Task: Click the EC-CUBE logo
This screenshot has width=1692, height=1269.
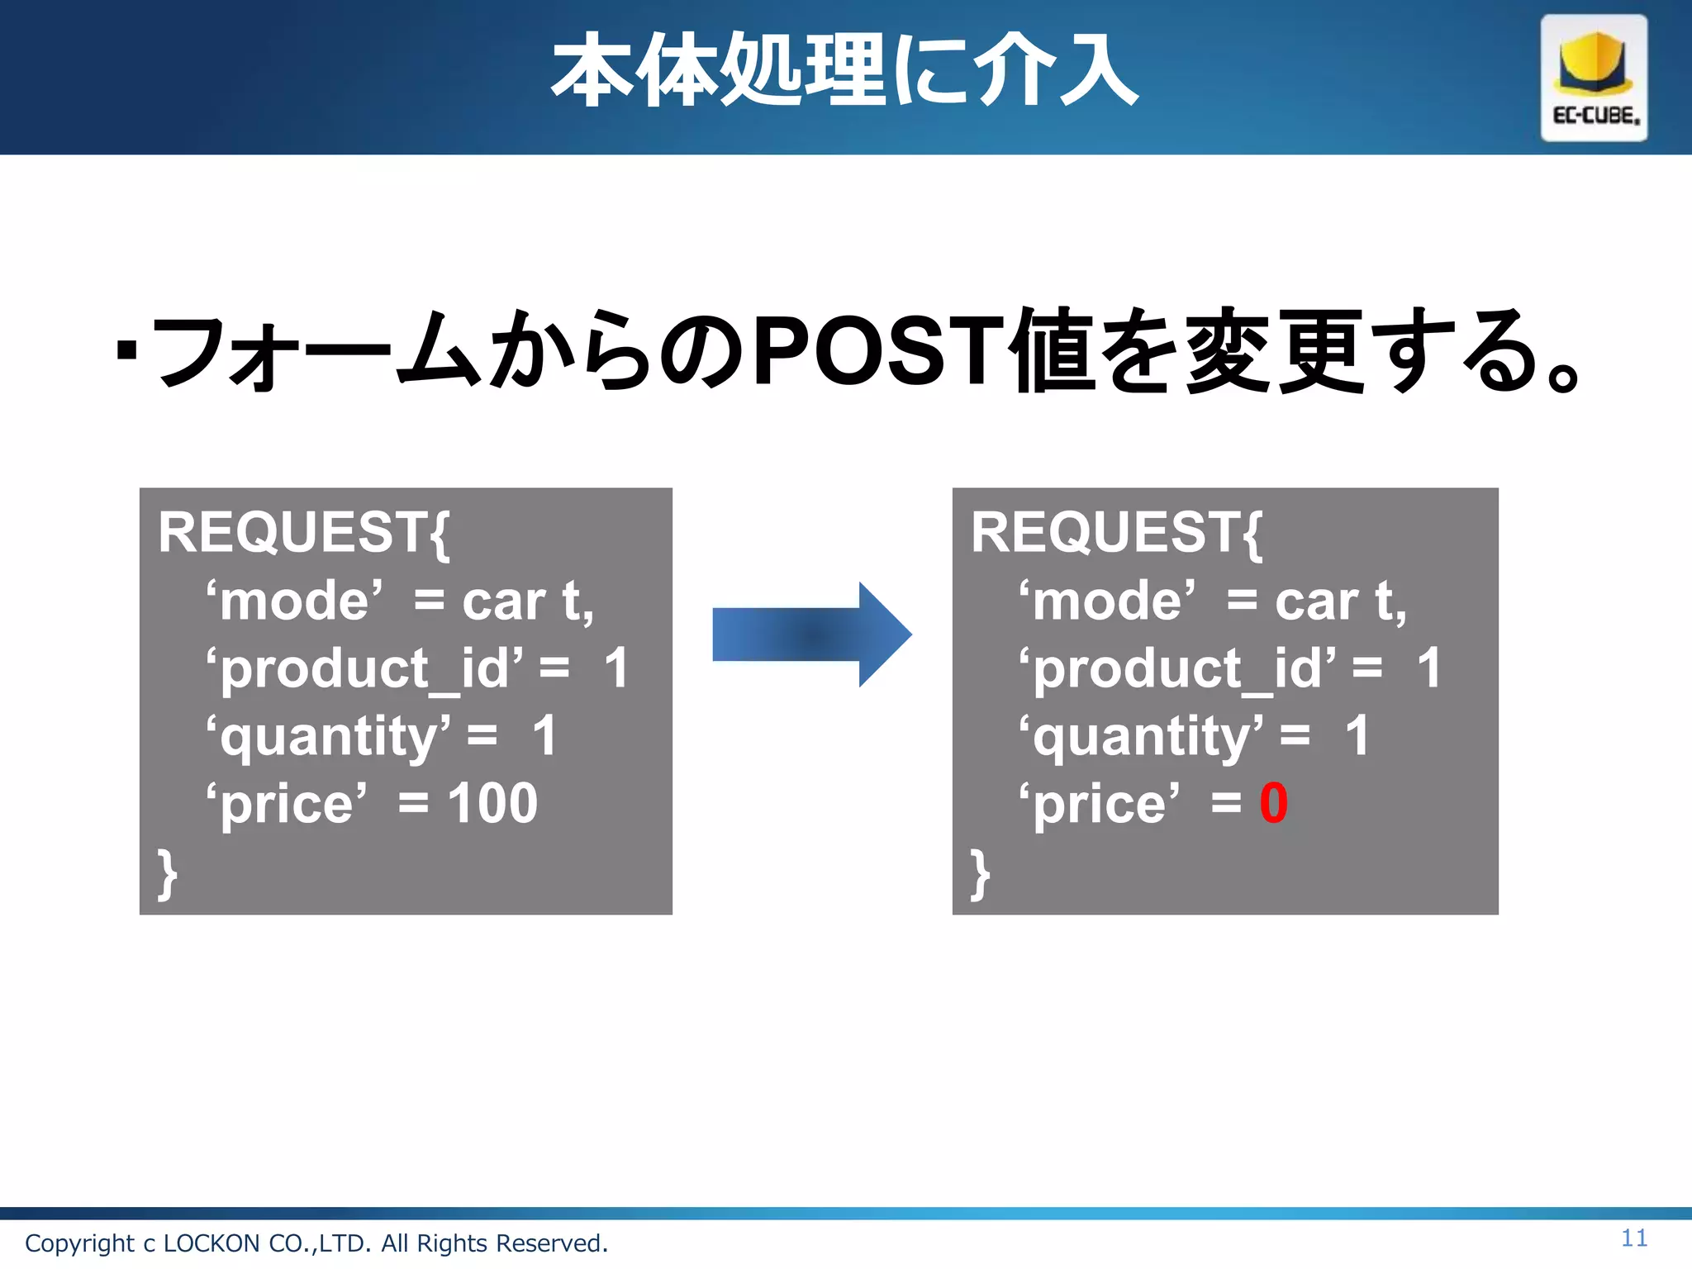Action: click(x=1593, y=78)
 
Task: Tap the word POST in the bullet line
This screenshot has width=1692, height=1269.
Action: click(x=878, y=351)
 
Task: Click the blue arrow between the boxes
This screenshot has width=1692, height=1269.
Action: click(x=811, y=634)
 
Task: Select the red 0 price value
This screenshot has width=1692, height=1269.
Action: click(x=1273, y=803)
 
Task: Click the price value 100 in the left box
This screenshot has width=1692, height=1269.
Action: click(x=492, y=803)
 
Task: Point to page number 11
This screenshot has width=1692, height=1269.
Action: click(x=1633, y=1238)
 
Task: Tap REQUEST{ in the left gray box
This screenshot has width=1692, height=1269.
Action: click(x=303, y=533)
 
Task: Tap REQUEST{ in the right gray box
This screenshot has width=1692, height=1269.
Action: click(x=1116, y=533)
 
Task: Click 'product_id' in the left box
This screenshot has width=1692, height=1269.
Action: click(x=364, y=669)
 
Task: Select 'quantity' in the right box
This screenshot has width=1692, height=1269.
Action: click(x=1140, y=737)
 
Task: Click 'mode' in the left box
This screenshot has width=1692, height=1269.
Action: click(x=294, y=601)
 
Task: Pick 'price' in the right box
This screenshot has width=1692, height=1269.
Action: click(x=1099, y=805)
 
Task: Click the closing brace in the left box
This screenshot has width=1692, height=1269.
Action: click(x=167, y=872)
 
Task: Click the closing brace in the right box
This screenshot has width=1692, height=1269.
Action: click(x=980, y=872)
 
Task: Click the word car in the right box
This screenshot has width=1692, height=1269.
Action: click(x=1317, y=601)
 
